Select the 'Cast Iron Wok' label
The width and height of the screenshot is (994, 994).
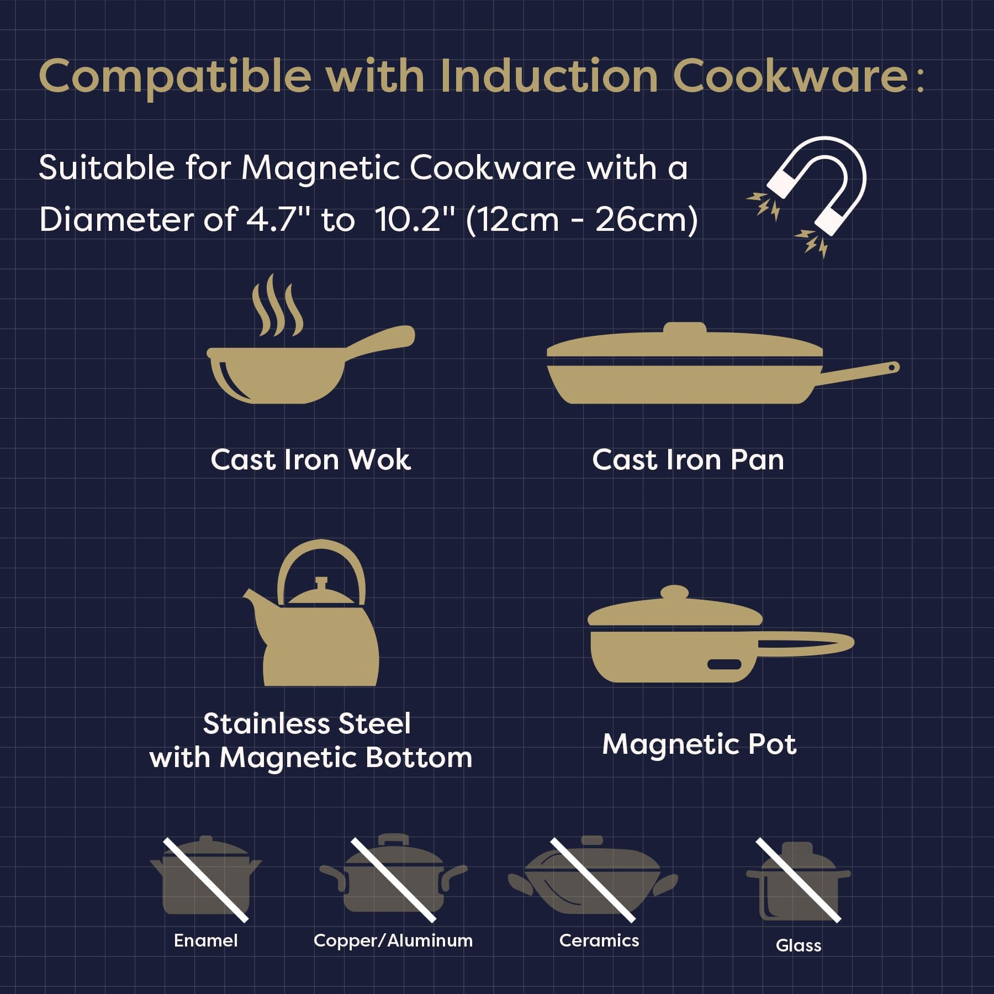[x=310, y=460]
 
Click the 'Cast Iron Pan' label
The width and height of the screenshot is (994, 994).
[x=688, y=460]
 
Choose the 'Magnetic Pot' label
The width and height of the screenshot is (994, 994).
[x=699, y=744]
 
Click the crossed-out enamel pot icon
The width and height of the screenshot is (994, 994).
[x=205, y=879]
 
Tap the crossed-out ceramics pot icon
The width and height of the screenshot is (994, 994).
[x=593, y=879]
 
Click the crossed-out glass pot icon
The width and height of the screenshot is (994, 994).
[x=798, y=880]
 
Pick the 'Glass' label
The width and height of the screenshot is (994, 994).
[x=799, y=945]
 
